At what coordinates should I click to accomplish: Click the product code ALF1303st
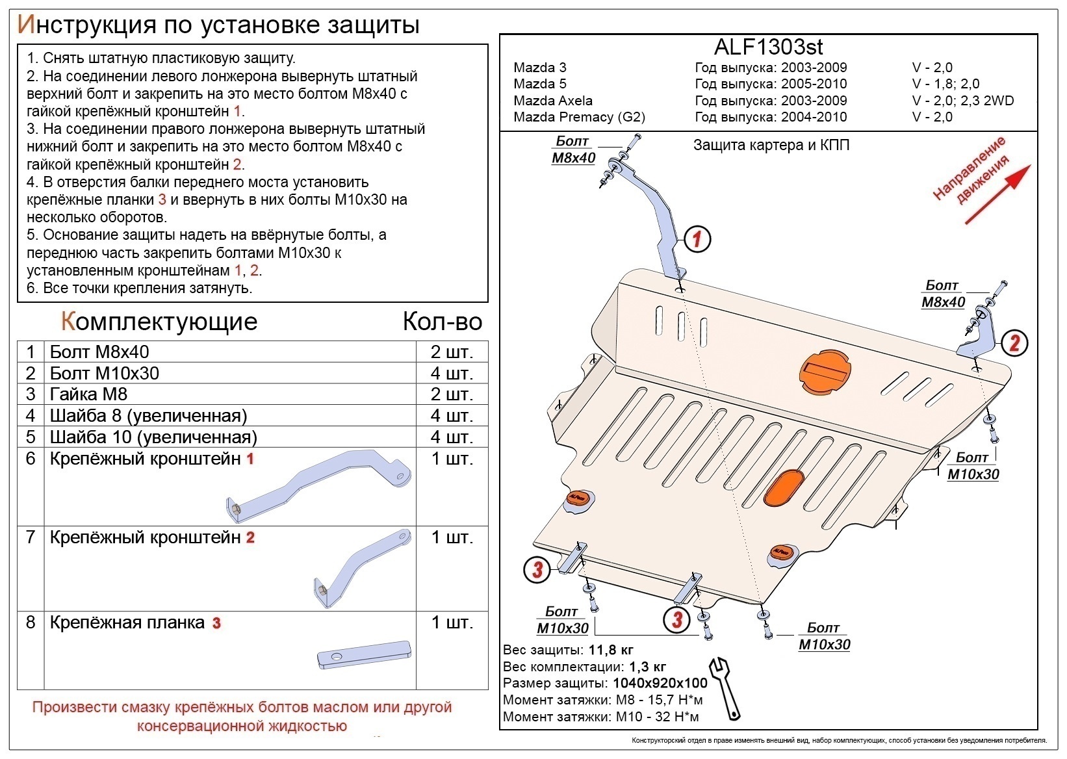point(768,47)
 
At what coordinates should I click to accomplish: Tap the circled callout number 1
point(697,239)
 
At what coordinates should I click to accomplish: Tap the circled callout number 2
point(1014,342)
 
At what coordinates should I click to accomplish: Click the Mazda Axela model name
point(552,101)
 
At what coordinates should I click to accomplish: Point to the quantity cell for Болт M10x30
point(451,373)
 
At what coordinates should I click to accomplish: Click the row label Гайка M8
point(88,394)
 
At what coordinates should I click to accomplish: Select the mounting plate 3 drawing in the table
point(364,654)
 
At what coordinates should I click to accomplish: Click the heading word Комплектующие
point(159,322)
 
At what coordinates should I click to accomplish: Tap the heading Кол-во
point(442,322)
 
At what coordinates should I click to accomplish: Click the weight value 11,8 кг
point(611,650)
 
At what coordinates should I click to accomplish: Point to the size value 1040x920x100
point(659,684)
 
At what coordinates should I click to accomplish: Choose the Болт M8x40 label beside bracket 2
point(943,294)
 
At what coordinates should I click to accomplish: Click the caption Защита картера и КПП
point(771,146)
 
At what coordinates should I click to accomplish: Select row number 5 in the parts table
point(31,437)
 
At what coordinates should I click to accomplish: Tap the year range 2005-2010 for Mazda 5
point(814,84)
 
